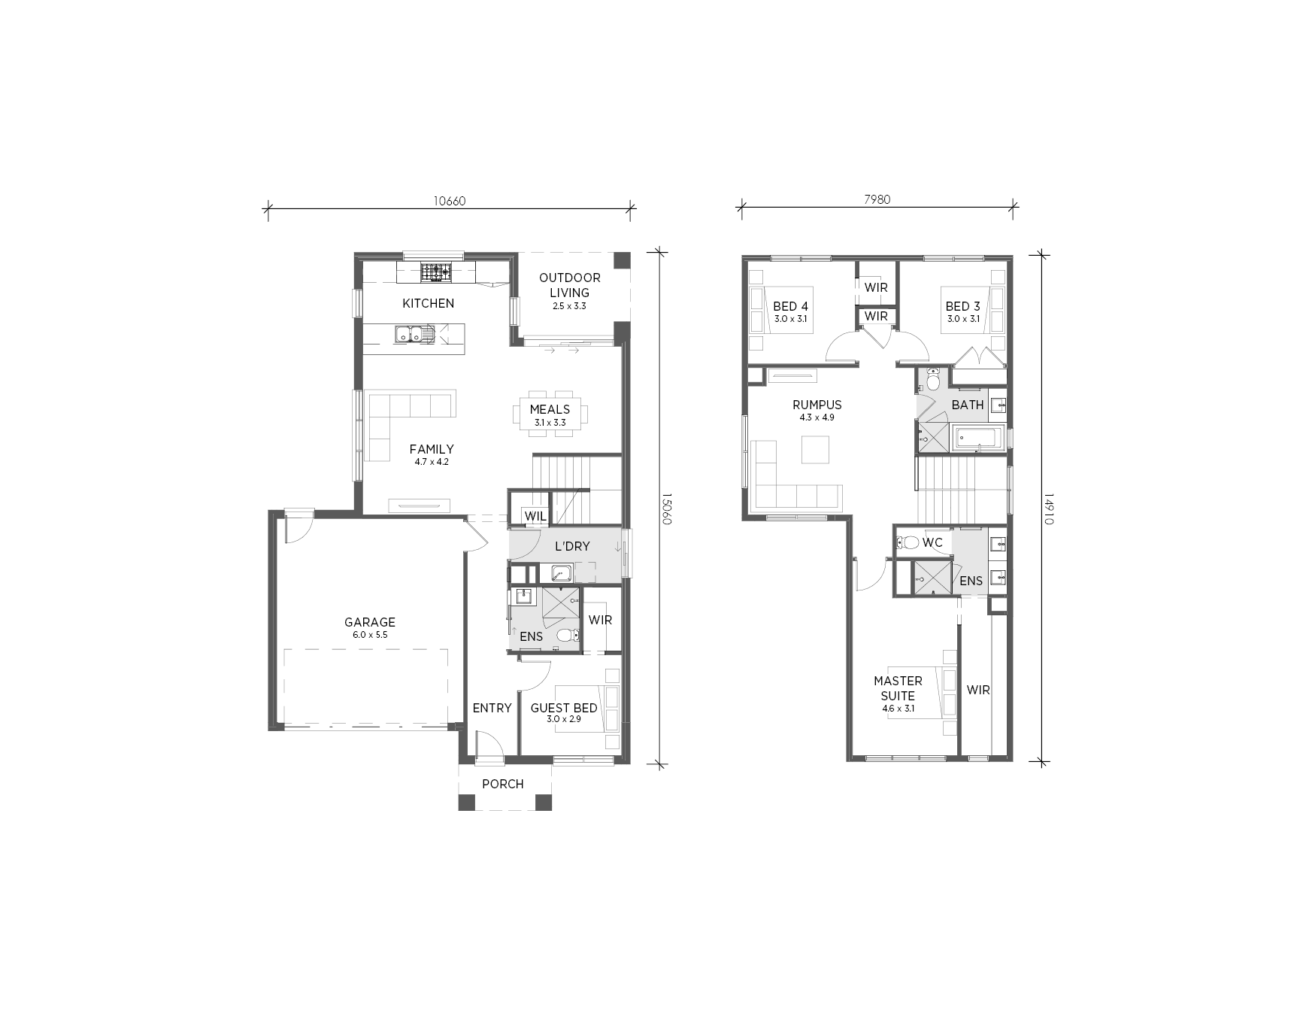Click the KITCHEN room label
tap(428, 303)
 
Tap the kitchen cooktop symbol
tap(436, 272)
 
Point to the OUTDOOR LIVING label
tap(569, 285)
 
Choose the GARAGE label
tap(369, 622)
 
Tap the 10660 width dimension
tap(450, 201)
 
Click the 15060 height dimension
tap(665, 508)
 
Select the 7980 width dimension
tap(877, 199)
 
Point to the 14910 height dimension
tap(1047, 509)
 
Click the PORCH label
tap(503, 784)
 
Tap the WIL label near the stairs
tap(535, 517)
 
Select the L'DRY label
tap(572, 546)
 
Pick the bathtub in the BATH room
tap(977, 437)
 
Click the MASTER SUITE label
tap(898, 688)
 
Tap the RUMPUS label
tap(817, 405)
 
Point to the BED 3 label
tap(962, 306)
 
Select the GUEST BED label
tap(564, 708)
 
